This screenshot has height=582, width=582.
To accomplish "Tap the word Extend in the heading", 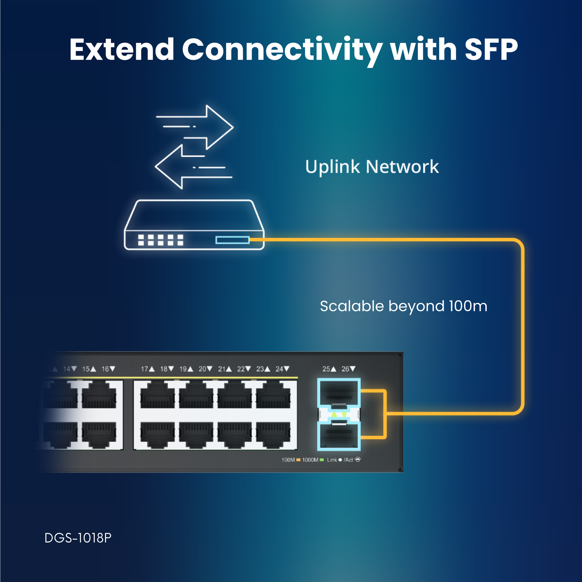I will point(121,50).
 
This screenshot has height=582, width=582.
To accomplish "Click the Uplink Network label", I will point(372,167).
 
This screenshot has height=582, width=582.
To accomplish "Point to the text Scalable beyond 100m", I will point(403,306).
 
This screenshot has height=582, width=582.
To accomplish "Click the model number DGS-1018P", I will point(78,538).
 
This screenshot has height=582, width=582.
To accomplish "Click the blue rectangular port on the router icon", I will point(232,240).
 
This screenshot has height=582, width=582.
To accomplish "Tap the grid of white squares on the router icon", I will point(160,240).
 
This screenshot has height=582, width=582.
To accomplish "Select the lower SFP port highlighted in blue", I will point(339,436).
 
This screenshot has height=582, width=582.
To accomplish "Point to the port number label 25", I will point(326,369).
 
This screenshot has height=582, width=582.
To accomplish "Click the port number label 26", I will point(345,369).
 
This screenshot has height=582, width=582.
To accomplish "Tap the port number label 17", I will point(145,369).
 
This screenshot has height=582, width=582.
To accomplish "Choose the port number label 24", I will point(279,369).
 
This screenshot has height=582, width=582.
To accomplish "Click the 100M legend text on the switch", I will point(288,460).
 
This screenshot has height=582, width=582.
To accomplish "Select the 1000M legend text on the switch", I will point(310,460).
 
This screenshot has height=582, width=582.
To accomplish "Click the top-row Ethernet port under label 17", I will point(157,396).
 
